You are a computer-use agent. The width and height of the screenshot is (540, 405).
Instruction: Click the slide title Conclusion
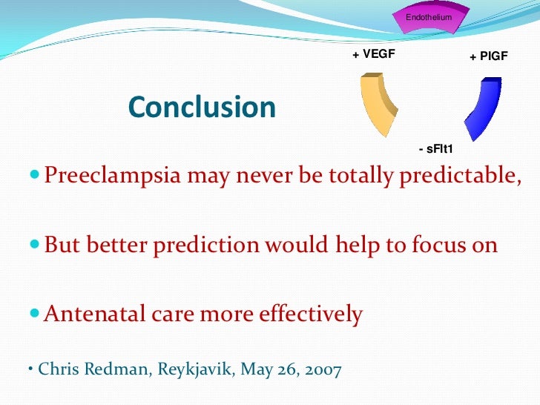(202, 108)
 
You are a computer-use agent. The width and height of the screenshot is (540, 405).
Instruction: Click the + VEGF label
(373, 54)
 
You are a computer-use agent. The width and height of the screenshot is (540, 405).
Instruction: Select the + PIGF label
(488, 56)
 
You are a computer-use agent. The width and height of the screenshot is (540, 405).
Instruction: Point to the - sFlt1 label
(435, 150)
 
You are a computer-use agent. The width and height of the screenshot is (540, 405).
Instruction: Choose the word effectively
(310, 314)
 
